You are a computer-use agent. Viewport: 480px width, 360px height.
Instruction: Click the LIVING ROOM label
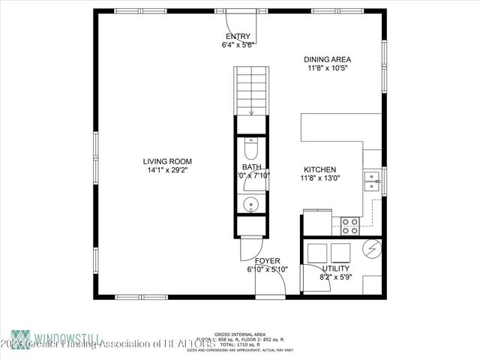click(168, 161)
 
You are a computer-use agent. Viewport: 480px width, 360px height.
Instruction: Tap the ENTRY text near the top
click(239, 37)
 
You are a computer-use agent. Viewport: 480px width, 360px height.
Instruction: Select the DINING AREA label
click(327, 59)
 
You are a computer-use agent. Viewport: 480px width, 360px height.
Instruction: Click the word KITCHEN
click(319, 169)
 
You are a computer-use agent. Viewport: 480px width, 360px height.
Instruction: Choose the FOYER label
click(268, 261)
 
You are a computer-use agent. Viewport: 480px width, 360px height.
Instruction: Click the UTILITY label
click(335, 268)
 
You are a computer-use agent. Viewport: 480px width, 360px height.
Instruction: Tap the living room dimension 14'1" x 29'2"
click(168, 170)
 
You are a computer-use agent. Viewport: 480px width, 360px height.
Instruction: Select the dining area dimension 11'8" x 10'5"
click(328, 68)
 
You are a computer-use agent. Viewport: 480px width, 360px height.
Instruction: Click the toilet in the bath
click(250, 146)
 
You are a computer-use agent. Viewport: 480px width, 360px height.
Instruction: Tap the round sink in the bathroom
click(250, 203)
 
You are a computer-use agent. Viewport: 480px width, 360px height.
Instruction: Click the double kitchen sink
click(371, 180)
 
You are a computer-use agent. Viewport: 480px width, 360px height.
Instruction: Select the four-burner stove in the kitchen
click(350, 222)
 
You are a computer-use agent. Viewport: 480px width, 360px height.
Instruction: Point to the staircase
click(250, 88)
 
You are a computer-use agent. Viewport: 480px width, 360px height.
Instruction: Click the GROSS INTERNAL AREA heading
click(239, 334)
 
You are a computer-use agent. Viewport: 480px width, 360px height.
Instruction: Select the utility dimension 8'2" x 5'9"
click(335, 277)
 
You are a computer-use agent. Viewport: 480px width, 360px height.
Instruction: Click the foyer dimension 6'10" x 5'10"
click(268, 270)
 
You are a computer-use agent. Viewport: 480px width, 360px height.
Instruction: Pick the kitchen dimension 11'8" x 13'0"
click(319, 178)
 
